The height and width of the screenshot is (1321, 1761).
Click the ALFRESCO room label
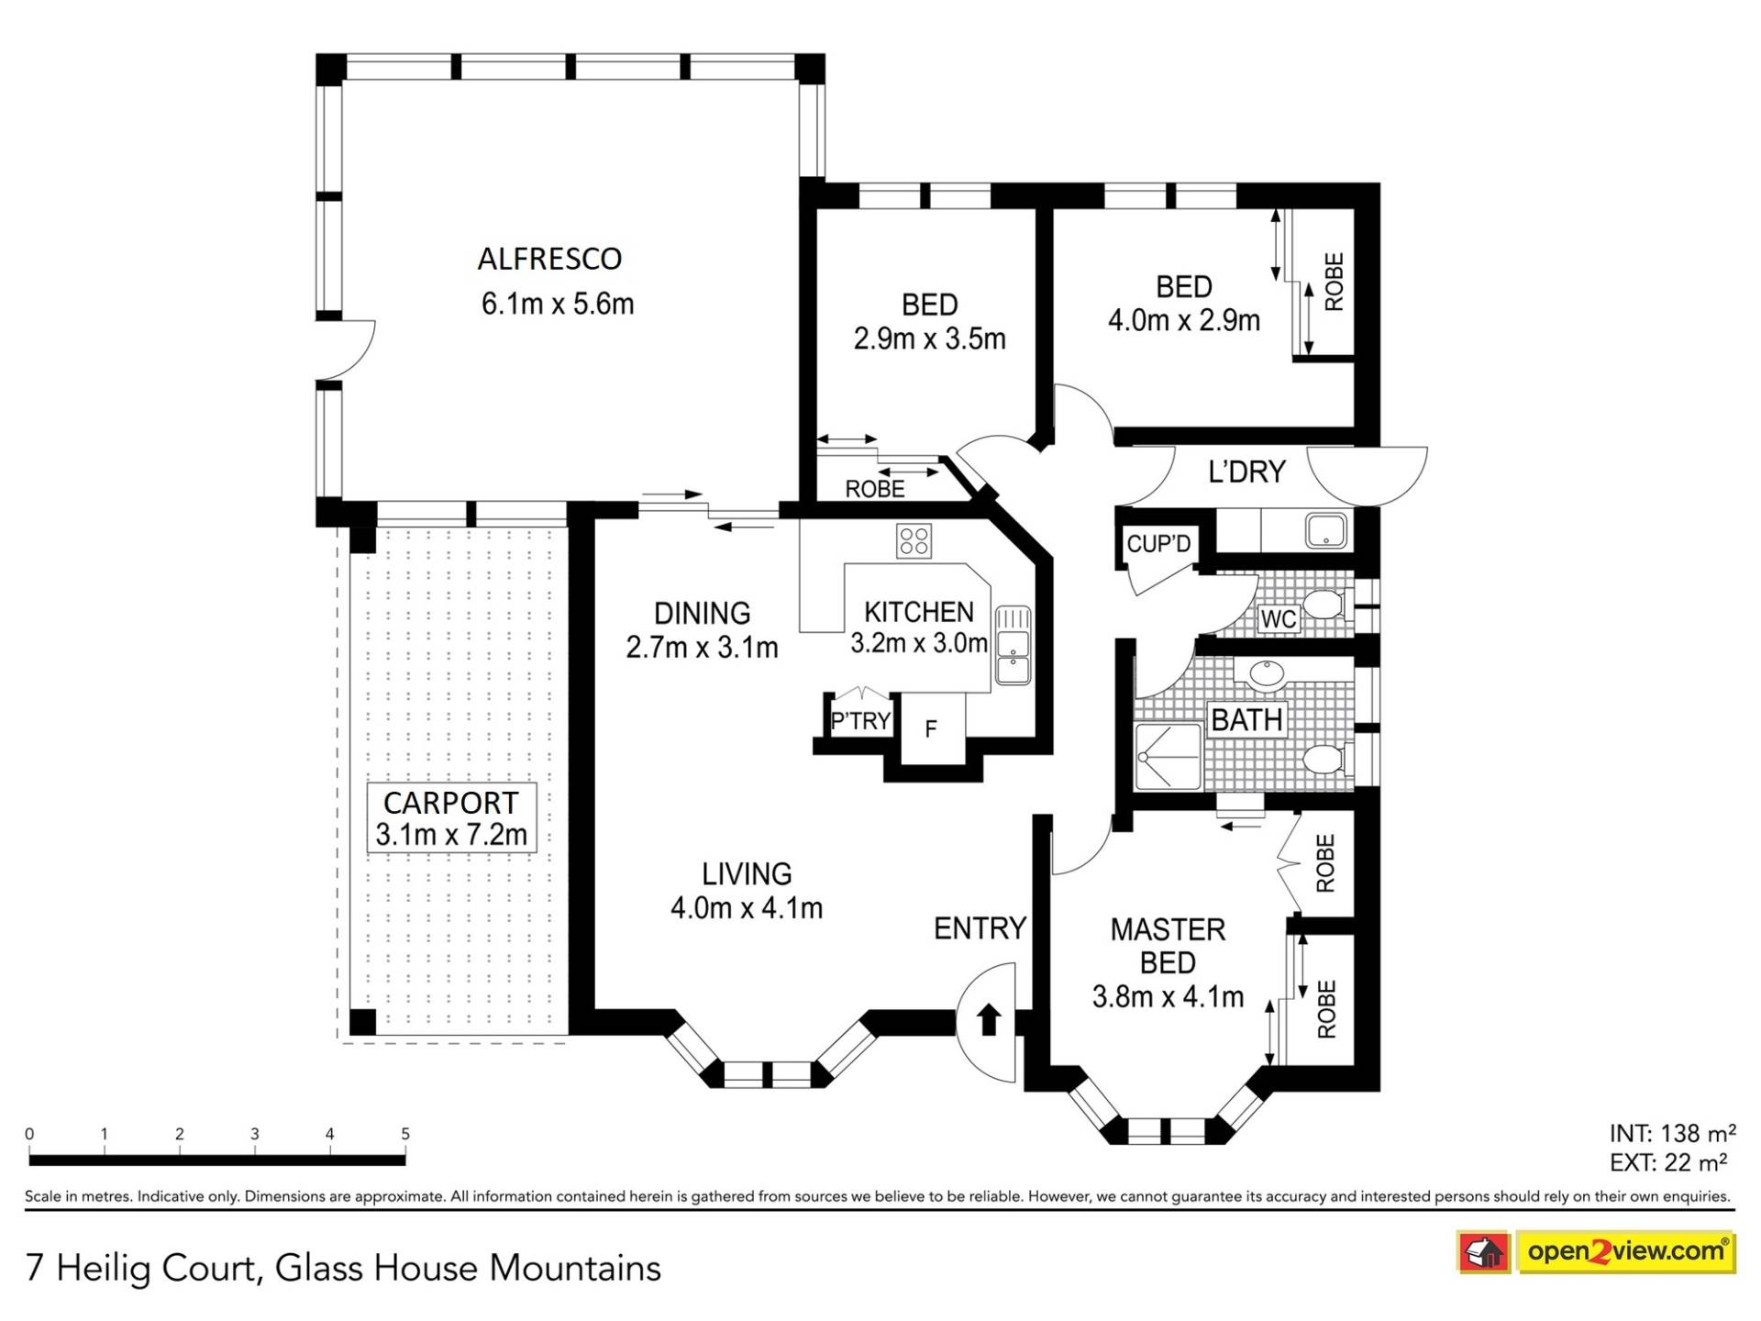coord(549,260)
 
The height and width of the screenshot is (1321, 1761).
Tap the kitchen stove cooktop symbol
coord(914,540)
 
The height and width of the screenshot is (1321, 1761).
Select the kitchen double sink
coord(1013,645)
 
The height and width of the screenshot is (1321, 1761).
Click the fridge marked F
coord(931,729)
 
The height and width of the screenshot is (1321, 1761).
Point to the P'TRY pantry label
coord(860,721)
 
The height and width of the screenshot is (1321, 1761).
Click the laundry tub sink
coord(1326,530)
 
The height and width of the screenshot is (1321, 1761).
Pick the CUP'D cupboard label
coord(1158,544)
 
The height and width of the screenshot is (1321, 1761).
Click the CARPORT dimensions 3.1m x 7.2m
coord(451,835)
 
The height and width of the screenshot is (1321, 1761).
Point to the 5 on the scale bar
coord(405,1134)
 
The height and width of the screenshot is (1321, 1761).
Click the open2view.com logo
coord(1625,1251)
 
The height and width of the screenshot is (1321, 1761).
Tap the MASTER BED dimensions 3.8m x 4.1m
coord(1168,996)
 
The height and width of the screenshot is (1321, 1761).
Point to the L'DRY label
coord(1246,472)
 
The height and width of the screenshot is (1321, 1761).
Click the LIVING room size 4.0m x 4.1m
coord(747,908)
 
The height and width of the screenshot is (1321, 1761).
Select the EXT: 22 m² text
coord(1668,1163)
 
